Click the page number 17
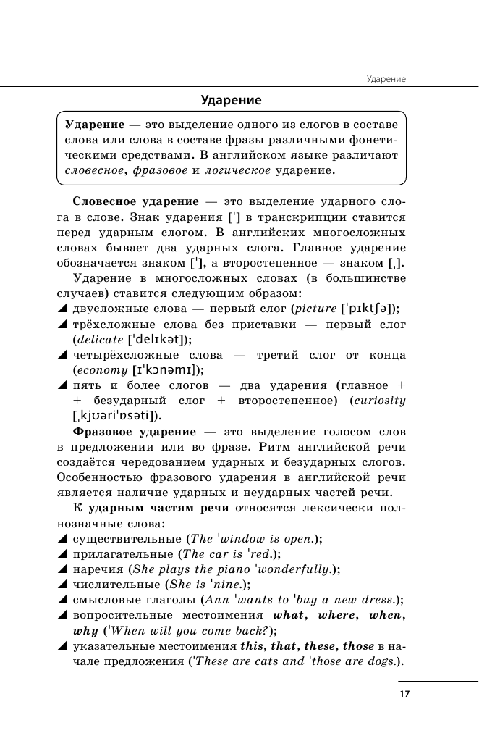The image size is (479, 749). click(x=404, y=694)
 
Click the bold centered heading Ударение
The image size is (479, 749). click(x=231, y=100)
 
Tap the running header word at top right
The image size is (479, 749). click(x=386, y=78)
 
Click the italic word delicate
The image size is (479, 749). click(x=98, y=339)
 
